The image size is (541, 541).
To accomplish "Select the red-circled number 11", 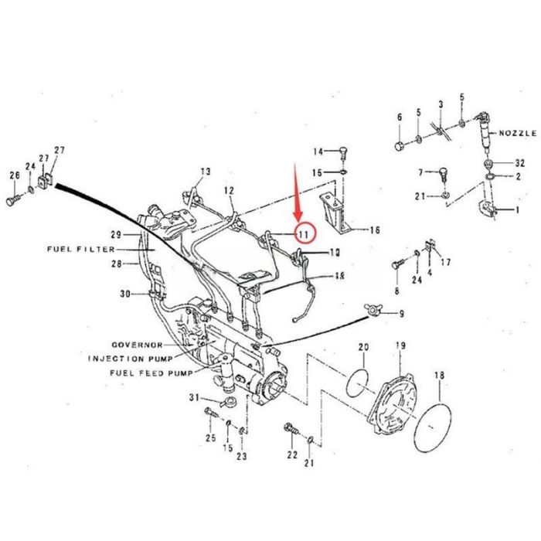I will [x=302, y=233].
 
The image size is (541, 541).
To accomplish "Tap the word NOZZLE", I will [x=517, y=133].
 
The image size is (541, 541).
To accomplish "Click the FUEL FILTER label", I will [x=80, y=250].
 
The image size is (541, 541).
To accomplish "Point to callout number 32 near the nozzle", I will [x=519, y=163].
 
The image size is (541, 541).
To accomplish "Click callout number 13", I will [x=205, y=171].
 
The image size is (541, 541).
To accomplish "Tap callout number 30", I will [x=125, y=293].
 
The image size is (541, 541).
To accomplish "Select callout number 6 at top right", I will [x=400, y=117].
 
